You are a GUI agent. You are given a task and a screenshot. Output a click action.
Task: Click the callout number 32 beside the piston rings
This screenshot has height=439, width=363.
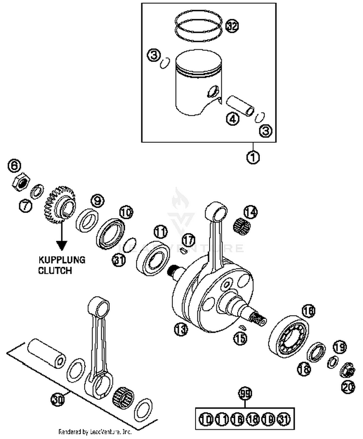tap(232, 26)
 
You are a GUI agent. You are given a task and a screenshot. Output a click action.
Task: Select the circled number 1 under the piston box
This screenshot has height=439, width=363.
tap(253, 157)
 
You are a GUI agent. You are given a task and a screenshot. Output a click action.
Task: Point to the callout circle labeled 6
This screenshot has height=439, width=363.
tap(15, 166)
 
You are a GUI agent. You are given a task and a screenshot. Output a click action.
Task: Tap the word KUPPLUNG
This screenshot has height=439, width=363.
tap(61, 260)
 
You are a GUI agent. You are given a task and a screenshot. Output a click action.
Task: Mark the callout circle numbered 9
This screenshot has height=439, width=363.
tap(97, 200)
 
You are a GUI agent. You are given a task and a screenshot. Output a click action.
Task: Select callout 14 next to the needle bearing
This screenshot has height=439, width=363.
tap(250, 212)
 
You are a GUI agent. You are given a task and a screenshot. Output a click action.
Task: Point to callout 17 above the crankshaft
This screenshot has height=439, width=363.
tap(188, 240)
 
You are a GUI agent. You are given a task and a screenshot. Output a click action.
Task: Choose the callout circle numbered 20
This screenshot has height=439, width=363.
tap(348, 387)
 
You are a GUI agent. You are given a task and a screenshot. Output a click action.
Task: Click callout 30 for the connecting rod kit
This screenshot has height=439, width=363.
tap(57, 400)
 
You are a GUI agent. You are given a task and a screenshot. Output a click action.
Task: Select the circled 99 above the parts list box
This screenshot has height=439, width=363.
tap(246, 394)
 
